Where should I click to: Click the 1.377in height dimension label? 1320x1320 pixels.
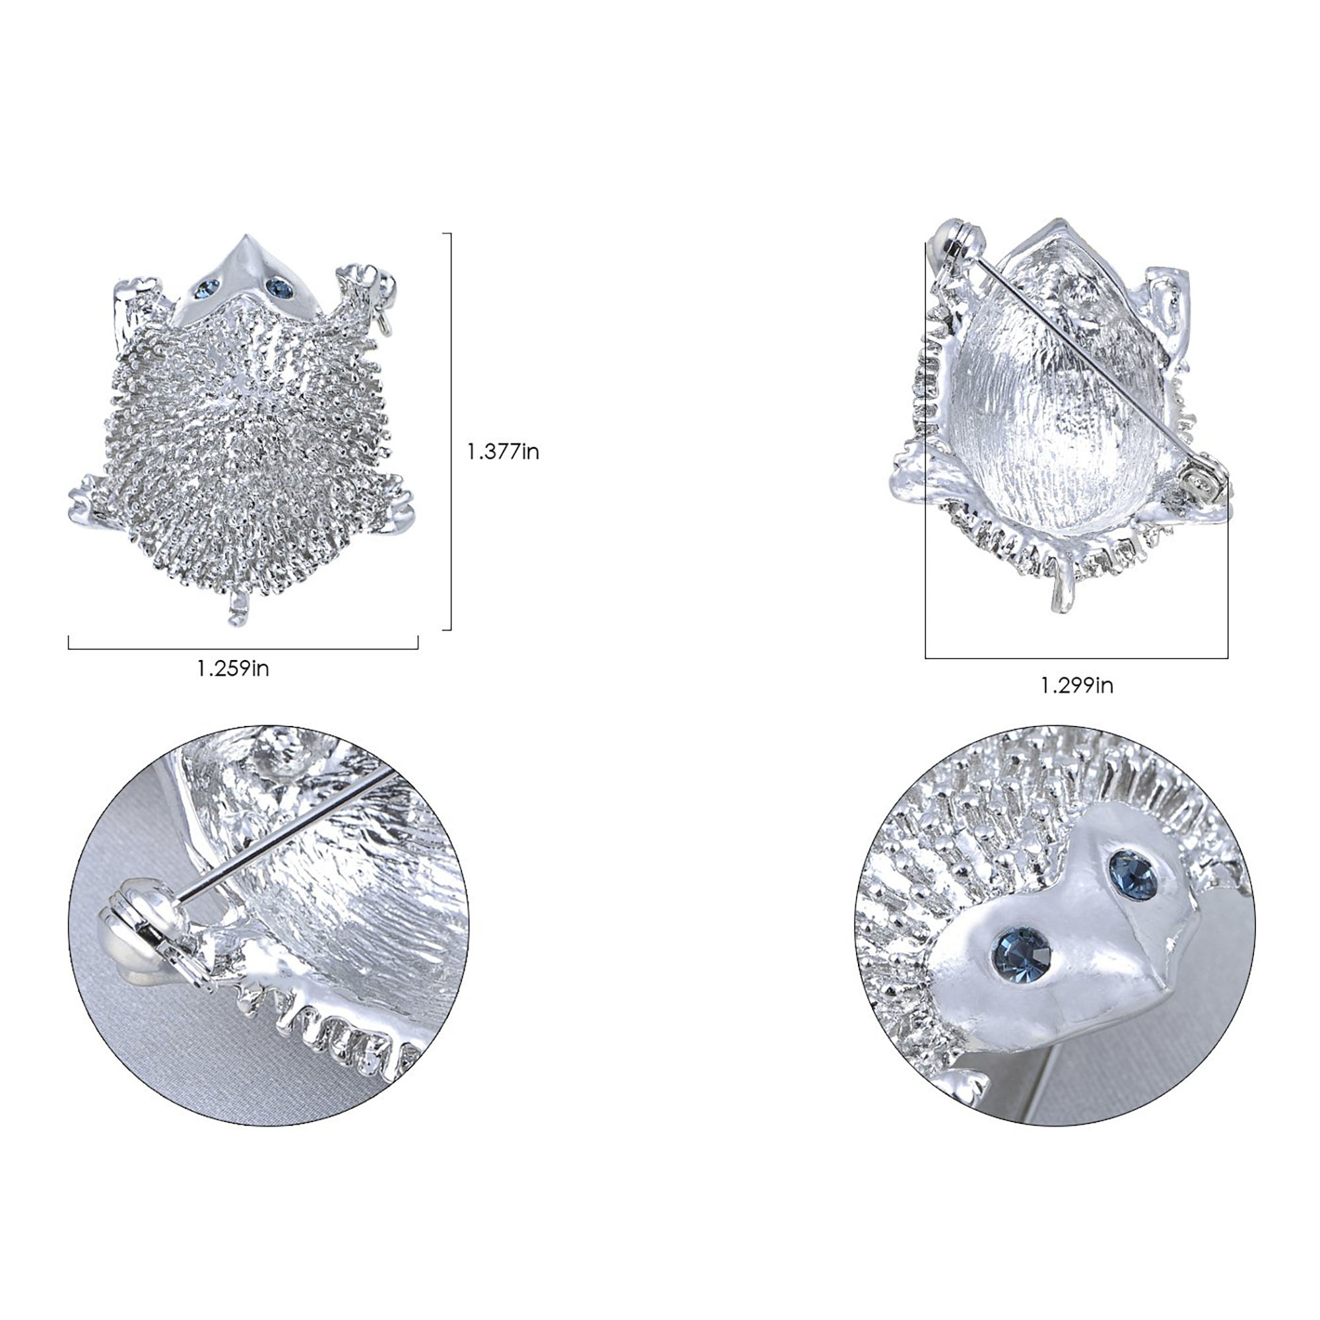coord(503,451)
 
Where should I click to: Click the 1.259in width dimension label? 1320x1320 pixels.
coord(233,668)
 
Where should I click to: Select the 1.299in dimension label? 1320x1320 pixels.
coord(1076,685)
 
